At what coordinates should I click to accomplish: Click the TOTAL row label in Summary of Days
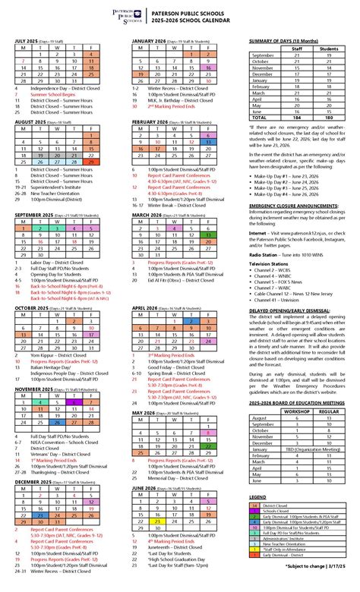point(260,118)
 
